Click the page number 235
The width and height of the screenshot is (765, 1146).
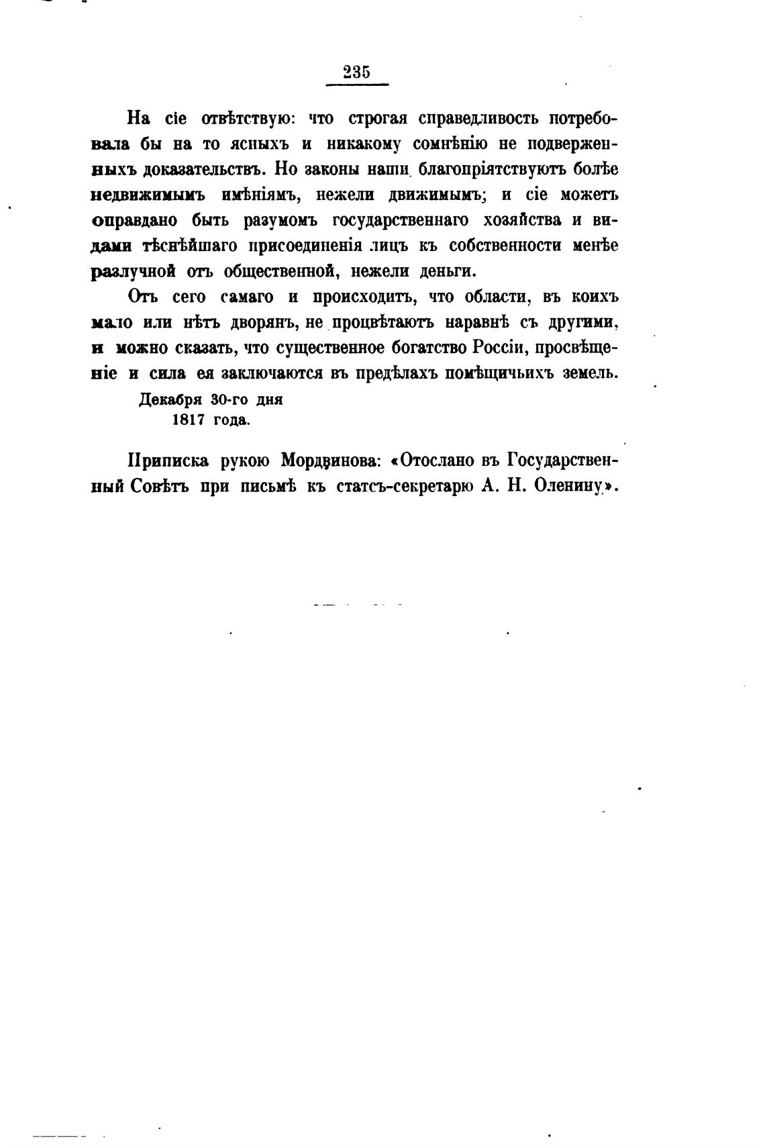356,73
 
